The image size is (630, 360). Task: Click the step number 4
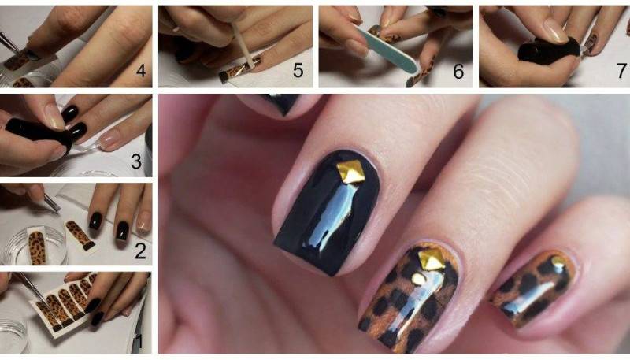point(141,71)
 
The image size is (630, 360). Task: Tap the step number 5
point(298,70)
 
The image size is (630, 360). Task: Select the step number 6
point(458,71)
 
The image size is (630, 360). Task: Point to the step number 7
point(621,71)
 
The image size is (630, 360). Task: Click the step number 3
point(136,161)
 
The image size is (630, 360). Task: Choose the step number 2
point(140,251)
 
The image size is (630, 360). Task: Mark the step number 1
point(139,342)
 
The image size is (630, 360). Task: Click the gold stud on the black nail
point(350,171)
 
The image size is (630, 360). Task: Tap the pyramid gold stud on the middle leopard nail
point(431,260)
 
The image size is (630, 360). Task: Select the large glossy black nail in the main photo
point(326,213)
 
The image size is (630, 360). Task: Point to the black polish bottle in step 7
point(548,51)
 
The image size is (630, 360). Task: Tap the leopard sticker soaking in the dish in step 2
point(37,247)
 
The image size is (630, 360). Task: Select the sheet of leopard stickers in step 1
point(65,302)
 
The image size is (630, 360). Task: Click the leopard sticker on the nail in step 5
point(239,71)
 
